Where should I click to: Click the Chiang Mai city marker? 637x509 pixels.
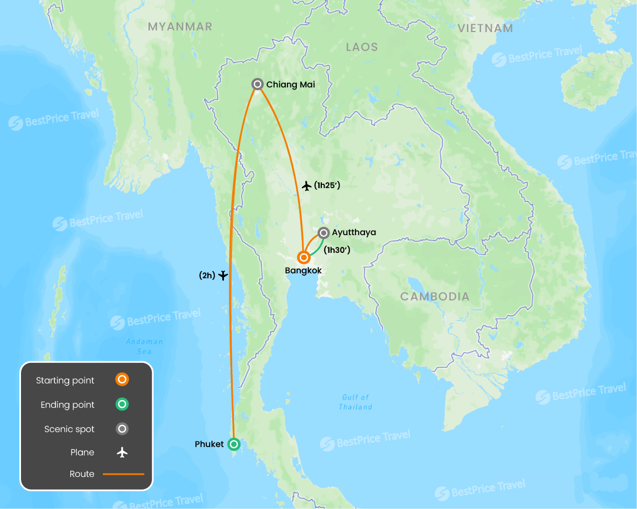(257, 84)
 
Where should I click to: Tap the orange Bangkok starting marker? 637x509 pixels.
(303, 257)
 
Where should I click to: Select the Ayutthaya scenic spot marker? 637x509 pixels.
(323, 232)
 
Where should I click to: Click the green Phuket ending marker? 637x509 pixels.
(234, 444)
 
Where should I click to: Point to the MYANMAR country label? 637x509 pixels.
(180, 27)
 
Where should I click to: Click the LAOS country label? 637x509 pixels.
(362, 47)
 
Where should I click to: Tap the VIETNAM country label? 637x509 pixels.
(485, 28)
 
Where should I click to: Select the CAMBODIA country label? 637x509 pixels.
(435, 297)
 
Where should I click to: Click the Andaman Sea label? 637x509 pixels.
(144, 346)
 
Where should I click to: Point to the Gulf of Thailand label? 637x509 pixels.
(356, 402)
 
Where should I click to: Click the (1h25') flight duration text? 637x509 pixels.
(327, 186)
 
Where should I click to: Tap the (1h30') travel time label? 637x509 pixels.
(337, 250)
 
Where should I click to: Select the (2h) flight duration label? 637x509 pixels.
(207, 275)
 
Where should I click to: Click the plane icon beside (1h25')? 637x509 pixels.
(307, 186)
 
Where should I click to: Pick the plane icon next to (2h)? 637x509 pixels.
(223, 275)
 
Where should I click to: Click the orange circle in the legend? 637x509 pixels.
(122, 380)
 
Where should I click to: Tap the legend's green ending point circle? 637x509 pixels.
(122, 404)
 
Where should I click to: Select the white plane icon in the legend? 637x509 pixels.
(122, 453)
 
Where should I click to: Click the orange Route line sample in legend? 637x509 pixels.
(123, 474)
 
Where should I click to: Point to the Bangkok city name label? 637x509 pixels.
(303, 271)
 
